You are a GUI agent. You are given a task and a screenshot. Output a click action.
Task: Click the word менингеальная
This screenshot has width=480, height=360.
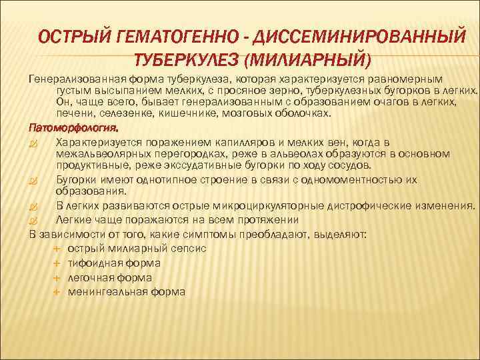tap(103, 292)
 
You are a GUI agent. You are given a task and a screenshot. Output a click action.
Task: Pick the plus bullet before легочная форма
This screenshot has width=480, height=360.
tap(57, 277)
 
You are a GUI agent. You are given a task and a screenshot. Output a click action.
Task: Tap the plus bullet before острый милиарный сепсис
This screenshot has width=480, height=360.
tap(57, 248)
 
